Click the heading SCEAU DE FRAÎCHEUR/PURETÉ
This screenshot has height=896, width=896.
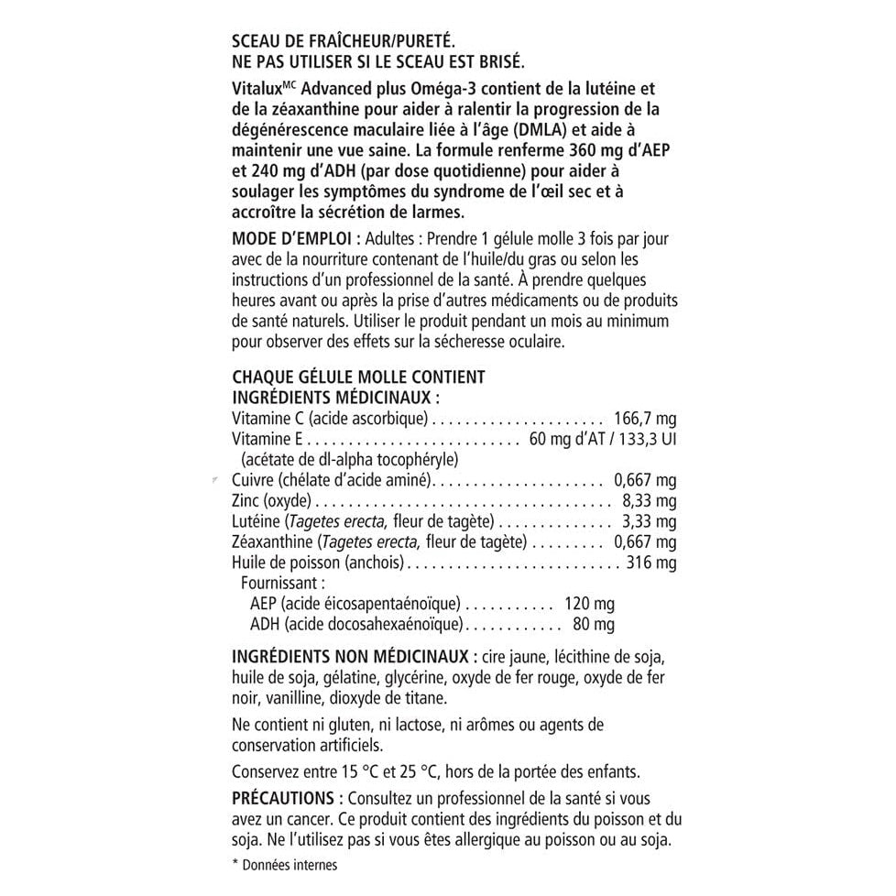344,41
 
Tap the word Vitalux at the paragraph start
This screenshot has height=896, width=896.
259,89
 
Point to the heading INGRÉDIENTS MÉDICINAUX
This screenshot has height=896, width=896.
336,398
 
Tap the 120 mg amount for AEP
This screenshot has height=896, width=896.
589,604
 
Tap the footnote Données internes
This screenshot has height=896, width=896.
290,865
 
